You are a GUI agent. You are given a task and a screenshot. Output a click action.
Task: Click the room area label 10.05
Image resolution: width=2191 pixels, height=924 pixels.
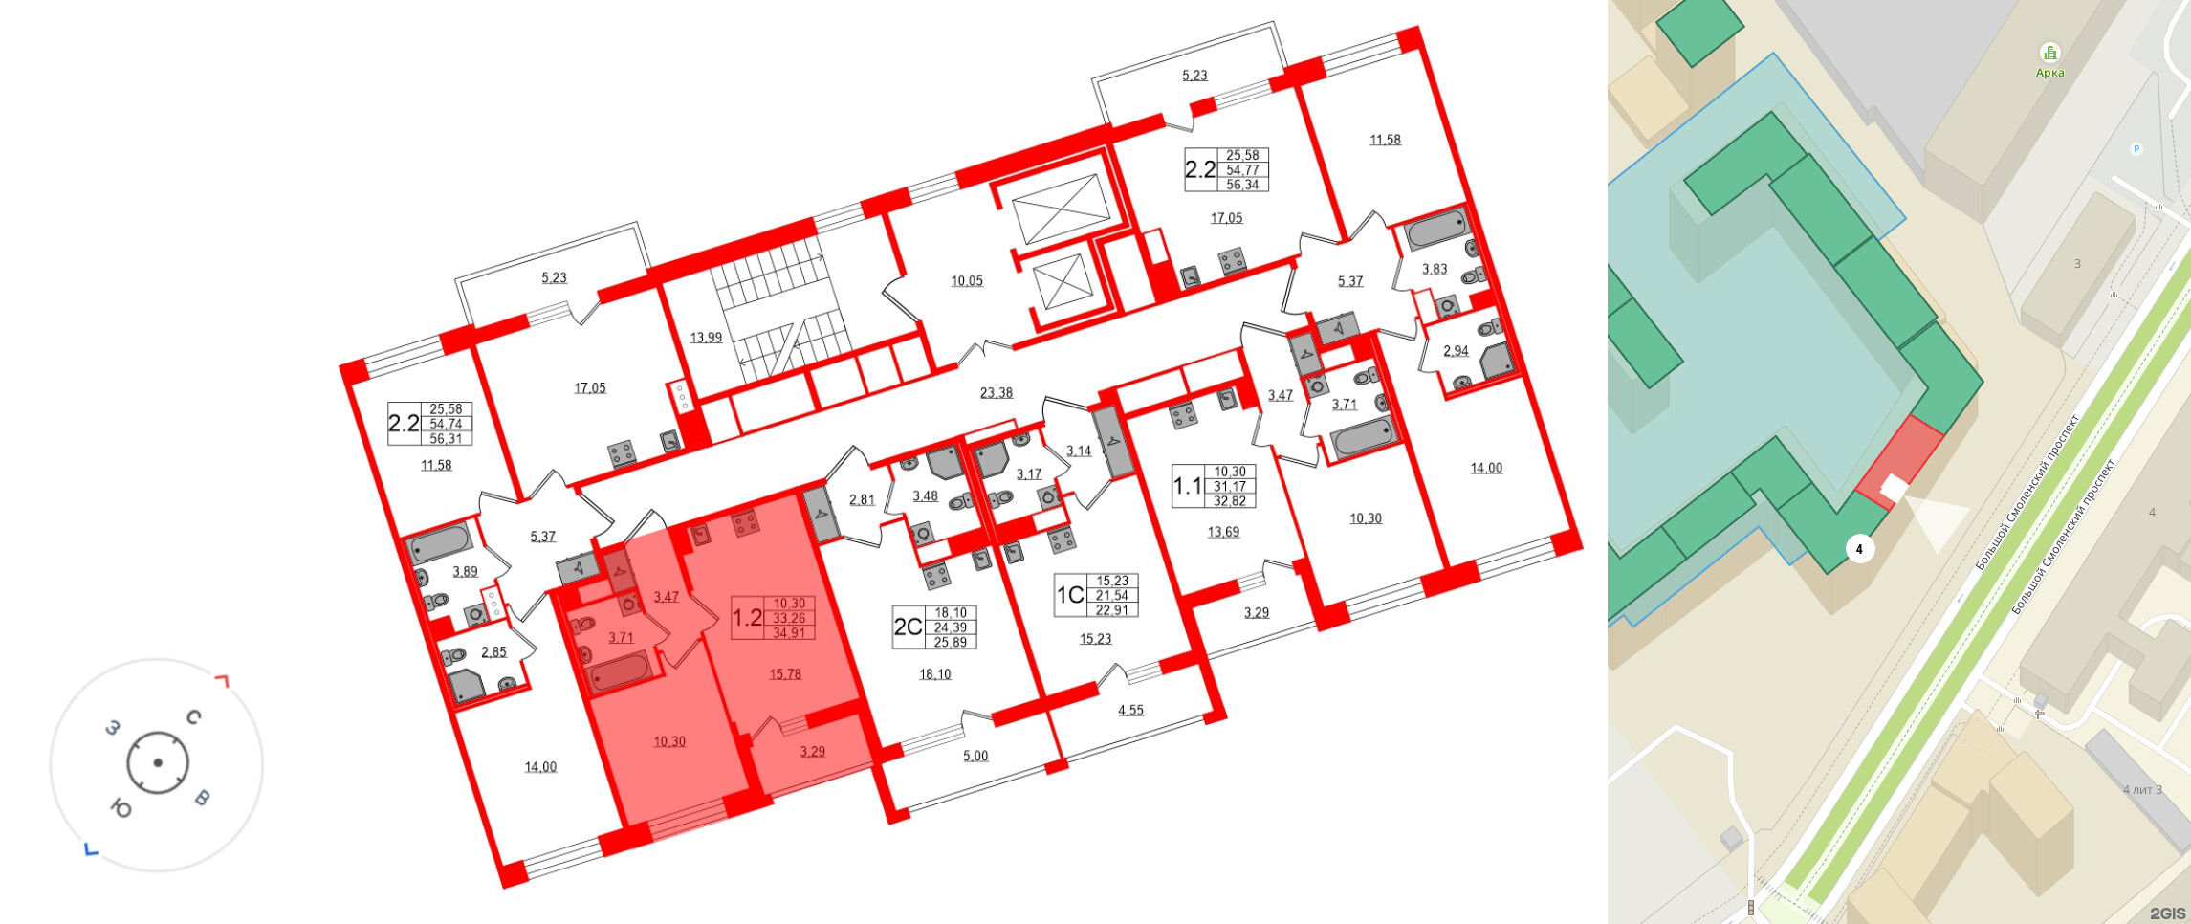click(967, 281)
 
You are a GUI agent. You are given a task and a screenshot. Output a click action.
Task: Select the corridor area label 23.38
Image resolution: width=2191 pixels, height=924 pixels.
click(997, 393)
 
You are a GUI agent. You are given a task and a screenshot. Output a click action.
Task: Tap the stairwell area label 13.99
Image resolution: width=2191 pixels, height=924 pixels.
click(706, 338)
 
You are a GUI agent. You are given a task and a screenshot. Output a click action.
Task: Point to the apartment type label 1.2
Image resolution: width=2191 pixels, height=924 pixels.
click(747, 618)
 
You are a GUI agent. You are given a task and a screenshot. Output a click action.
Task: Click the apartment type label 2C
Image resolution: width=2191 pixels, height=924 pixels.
click(908, 627)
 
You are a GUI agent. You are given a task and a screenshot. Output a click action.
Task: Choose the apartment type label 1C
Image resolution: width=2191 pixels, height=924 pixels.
click(1070, 595)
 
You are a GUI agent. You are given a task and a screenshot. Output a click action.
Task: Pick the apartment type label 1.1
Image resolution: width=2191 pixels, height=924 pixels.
click(1188, 486)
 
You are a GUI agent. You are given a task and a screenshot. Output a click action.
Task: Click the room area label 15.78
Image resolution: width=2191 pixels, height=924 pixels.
click(785, 674)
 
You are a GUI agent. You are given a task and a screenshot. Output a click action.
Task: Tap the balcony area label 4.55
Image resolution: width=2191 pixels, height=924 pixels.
click(1130, 711)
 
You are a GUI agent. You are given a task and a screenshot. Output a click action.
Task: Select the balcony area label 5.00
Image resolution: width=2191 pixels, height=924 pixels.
click(975, 757)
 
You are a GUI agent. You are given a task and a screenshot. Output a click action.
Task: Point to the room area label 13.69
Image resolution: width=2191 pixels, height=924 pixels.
click(1223, 533)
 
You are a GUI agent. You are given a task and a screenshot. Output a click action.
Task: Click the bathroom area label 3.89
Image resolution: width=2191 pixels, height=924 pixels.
click(465, 572)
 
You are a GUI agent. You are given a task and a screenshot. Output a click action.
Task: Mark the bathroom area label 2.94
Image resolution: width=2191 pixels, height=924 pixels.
click(1456, 351)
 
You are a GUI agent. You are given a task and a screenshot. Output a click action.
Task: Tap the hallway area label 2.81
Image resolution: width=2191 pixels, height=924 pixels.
click(862, 500)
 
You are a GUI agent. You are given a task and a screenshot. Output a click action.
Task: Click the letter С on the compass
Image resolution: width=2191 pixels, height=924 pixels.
click(194, 717)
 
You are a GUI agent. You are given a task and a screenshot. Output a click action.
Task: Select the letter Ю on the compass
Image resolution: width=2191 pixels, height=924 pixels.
click(121, 809)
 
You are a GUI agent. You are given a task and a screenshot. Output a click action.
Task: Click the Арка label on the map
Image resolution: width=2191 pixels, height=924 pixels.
click(2049, 73)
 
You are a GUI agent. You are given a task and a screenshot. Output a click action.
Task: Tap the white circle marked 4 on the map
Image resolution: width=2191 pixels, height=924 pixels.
click(1859, 549)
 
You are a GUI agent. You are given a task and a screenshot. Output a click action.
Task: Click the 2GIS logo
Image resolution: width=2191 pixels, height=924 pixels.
click(2167, 913)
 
